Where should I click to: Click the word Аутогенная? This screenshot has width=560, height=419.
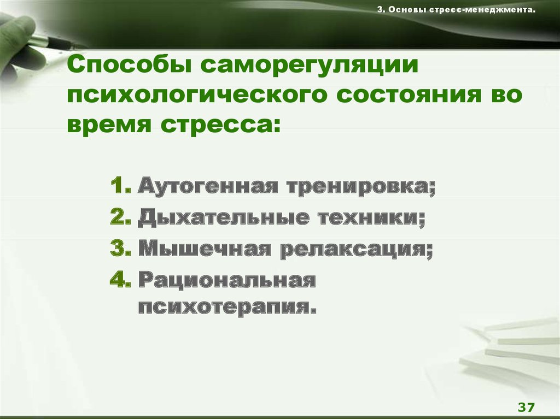pyautogui.click(x=208, y=186)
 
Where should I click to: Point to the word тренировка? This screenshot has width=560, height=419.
pyautogui.click(x=361, y=186)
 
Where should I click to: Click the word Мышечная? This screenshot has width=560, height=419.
pyautogui.click(x=205, y=249)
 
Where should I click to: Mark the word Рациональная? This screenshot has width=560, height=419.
pyautogui.click(x=227, y=280)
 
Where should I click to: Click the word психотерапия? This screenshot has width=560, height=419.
pyautogui.click(x=227, y=307)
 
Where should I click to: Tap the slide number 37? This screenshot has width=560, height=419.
pyautogui.click(x=527, y=407)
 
